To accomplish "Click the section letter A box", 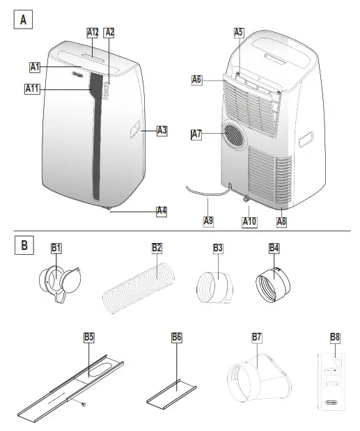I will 24,19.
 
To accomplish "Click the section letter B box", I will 24,245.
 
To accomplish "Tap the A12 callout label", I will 93,32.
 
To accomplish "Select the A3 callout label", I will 162,130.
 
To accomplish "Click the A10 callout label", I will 250,221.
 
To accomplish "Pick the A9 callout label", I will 208,221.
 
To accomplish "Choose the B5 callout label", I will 89,337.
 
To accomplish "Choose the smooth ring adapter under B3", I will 217,285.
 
